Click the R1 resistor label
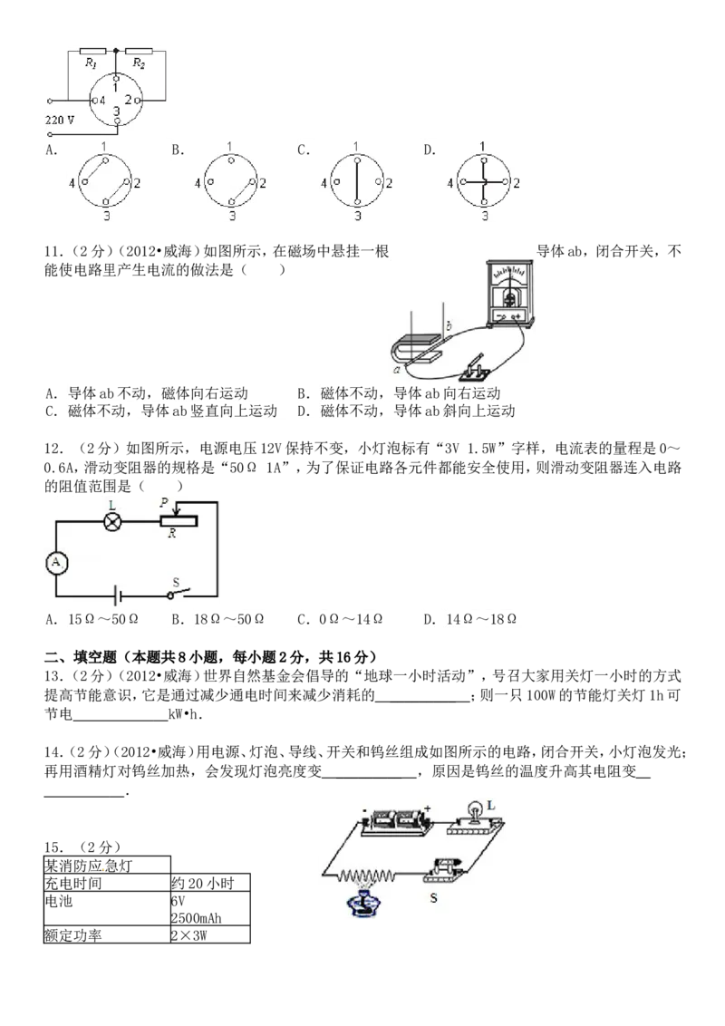[91, 63]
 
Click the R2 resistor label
[139, 63]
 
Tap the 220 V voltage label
[60, 121]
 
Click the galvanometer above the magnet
[510, 293]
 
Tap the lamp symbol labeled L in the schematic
[113, 521]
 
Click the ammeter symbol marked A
[56, 563]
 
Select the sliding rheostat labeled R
[179, 521]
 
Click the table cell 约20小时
[210, 884]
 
